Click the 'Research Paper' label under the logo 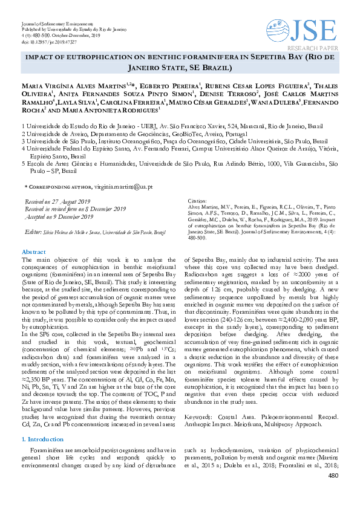tap(312, 46)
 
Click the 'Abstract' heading tap(33, 251)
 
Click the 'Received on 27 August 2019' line tap(58, 202)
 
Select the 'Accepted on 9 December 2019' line tap(56, 216)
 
